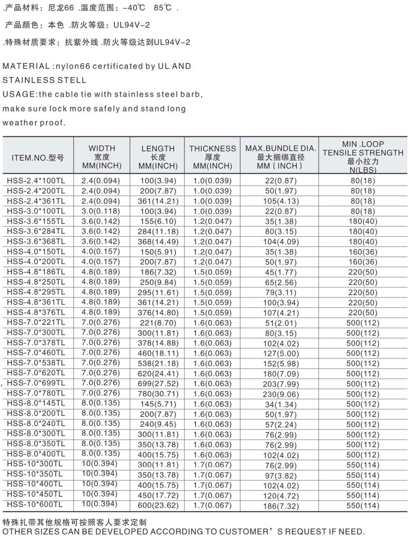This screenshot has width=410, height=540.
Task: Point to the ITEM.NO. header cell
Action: coord(37,157)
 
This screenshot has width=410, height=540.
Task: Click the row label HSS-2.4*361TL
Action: coord(36,201)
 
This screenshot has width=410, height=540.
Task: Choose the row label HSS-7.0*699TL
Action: coord(36,382)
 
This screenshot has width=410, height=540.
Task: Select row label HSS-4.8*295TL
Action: coord(36,292)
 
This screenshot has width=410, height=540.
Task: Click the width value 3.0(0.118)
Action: coord(101,211)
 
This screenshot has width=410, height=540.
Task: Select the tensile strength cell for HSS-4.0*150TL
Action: coord(363,252)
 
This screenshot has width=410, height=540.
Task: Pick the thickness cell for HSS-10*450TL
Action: coord(212,495)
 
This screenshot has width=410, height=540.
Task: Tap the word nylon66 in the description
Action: coord(71,66)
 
